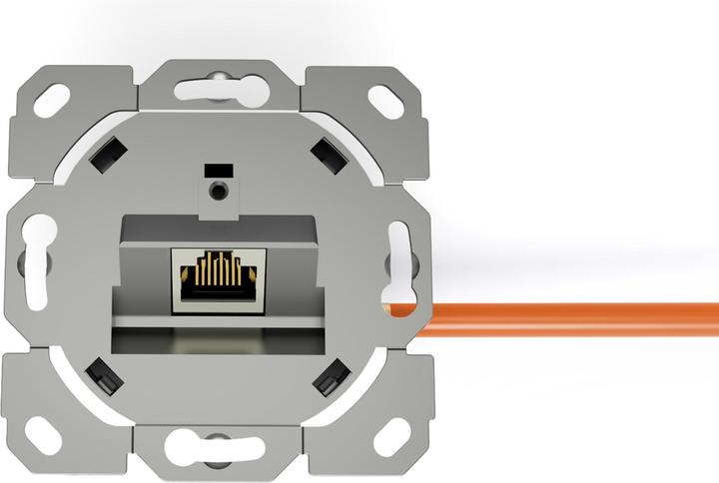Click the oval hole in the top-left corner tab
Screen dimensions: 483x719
[53, 98]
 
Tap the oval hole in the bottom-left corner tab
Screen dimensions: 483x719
[45, 434]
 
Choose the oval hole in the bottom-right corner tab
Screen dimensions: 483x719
[390, 436]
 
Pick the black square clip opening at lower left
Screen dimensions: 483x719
[103, 376]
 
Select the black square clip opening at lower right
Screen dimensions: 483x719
[330, 377]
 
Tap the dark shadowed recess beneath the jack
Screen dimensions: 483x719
[215, 341]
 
